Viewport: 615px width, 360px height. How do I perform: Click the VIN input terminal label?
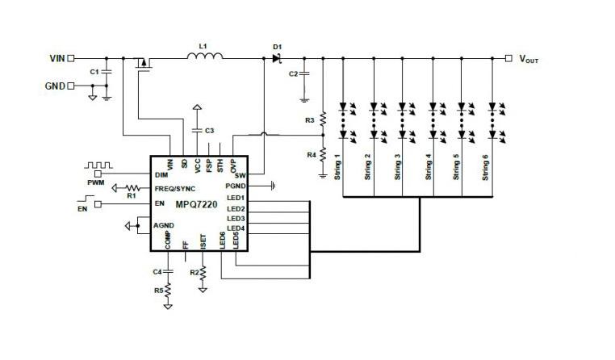click(x=56, y=58)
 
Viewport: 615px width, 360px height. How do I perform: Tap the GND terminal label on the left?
click(x=54, y=86)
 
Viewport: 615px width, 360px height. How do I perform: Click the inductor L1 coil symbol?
click(x=204, y=57)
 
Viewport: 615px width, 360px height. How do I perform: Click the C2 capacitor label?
click(x=294, y=74)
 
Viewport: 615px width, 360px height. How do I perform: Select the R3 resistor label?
click(x=311, y=119)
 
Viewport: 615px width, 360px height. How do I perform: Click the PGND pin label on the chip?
click(x=236, y=186)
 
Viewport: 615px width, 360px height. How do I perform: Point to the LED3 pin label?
click(x=236, y=219)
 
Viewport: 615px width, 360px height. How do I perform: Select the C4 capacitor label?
click(x=157, y=270)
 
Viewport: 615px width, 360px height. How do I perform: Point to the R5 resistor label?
click(x=157, y=290)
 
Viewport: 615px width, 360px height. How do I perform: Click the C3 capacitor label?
click(x=209, y=130)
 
